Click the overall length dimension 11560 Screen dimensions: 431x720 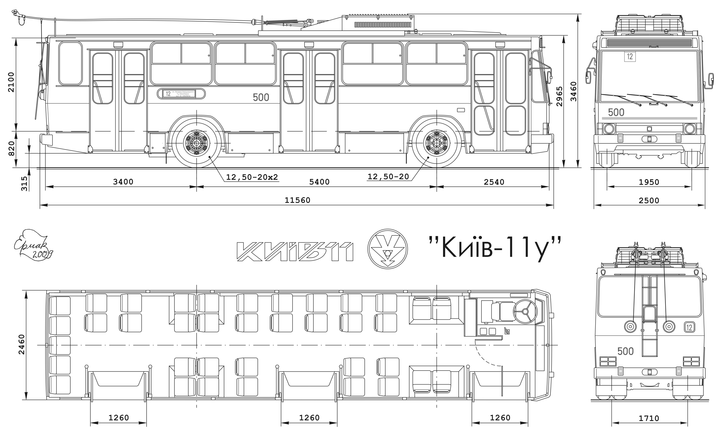coord(298,200)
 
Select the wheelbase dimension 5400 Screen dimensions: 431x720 coord(319,182)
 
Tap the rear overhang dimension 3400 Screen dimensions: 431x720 coord(123,182)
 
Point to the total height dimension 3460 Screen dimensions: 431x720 coord(573,92)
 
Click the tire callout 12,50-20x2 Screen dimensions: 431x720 coord(252,177)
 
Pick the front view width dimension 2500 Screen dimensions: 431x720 coord(649,201)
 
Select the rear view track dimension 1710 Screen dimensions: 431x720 coord(649,419)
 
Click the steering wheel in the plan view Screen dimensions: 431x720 coord(525,312)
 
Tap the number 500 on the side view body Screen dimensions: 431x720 coord(261,98)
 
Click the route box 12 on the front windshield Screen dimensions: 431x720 coord(630,56)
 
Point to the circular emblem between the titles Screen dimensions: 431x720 coord(387,249)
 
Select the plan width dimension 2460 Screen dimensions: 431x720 coord(22,344)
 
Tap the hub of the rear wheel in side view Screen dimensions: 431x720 coord(197,143)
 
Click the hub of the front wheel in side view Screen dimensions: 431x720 coord(437,143)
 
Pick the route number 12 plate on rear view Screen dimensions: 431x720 coord(689,327)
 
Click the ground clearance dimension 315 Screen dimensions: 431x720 coord(24,183)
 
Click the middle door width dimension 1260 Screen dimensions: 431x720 coord(309,418)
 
